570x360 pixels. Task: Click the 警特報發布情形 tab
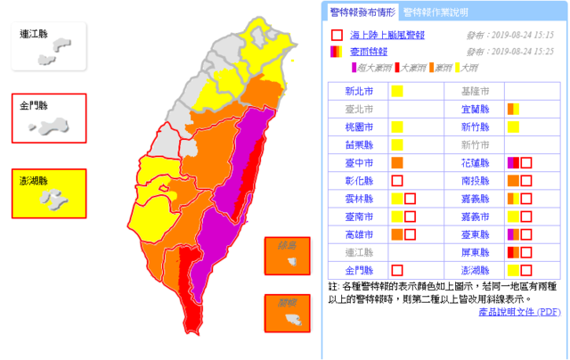tap(362, 12)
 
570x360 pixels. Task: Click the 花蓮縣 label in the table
tap(476, 162)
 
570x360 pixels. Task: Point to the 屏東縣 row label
tap(476, 251)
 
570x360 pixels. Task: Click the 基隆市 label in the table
tap(476, 91)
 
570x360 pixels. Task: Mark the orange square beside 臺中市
tap(397, 162)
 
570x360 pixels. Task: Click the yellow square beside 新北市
tap(397, 91)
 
